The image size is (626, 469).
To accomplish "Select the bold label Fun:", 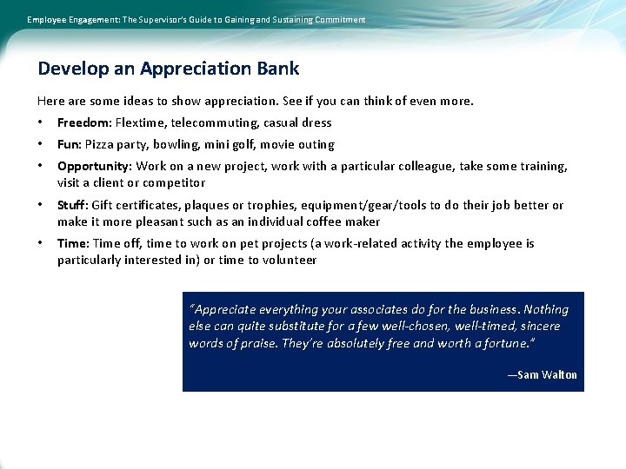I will click(70, 144).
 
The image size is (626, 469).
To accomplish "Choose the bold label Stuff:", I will click(72, 205).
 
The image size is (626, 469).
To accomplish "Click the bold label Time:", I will click(73, 243).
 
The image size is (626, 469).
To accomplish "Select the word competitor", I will click(175, 182).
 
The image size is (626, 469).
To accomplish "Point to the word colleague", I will click(429, 166).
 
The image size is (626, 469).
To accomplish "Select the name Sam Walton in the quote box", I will click(547, 374).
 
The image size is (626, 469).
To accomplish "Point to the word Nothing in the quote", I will click(546, 309).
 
